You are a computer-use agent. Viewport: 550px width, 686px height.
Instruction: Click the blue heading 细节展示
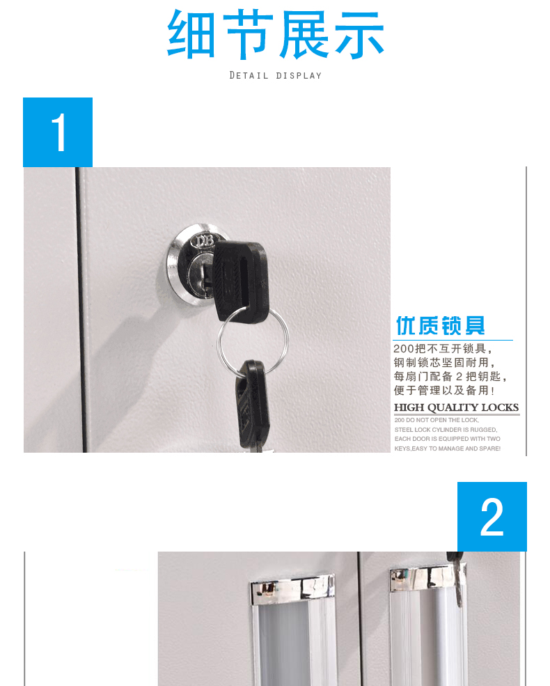pyautogui.click(x=276, y=34)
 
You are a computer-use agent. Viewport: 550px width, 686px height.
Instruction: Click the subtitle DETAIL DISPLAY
pyautogui.click(x=276, y=76)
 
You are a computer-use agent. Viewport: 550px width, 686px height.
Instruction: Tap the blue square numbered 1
pyautogui.click(x=58, y=132)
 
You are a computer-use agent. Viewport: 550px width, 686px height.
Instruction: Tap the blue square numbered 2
pyautogui.click(x=492, y=517)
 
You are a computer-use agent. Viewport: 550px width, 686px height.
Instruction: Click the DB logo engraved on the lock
pyautogui.click(x=205, y=240)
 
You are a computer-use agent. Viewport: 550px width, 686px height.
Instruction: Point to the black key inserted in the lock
pyautogui.click(x=239, y=281)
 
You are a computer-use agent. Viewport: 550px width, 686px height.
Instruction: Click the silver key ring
pyautogui.click(x=253, y=342)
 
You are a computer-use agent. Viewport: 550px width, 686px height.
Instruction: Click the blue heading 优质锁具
pyautogui.click(x=440, y=325)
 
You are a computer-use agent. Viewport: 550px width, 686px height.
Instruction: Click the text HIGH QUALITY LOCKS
pyautogui.click(x=457, y=407)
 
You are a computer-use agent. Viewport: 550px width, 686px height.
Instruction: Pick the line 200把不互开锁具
pyautogui.click(x=443, y=349)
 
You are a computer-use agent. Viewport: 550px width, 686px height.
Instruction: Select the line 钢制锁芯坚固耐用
pyautogui.click(x=444, y=362)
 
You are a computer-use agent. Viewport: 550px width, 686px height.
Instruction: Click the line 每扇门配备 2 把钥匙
pyautogui.click(x=450, y=376)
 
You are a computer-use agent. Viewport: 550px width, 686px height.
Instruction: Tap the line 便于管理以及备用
pyautogui.click(x=444, y=390)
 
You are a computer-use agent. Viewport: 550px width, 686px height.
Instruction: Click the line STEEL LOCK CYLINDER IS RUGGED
pyautogui.click(x=446, y=430)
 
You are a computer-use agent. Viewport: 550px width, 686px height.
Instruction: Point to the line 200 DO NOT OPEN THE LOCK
pyautogui.click(x=437, y=420)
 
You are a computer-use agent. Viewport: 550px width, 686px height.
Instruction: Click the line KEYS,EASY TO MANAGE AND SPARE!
pyautogui.click(x=447, y=449)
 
